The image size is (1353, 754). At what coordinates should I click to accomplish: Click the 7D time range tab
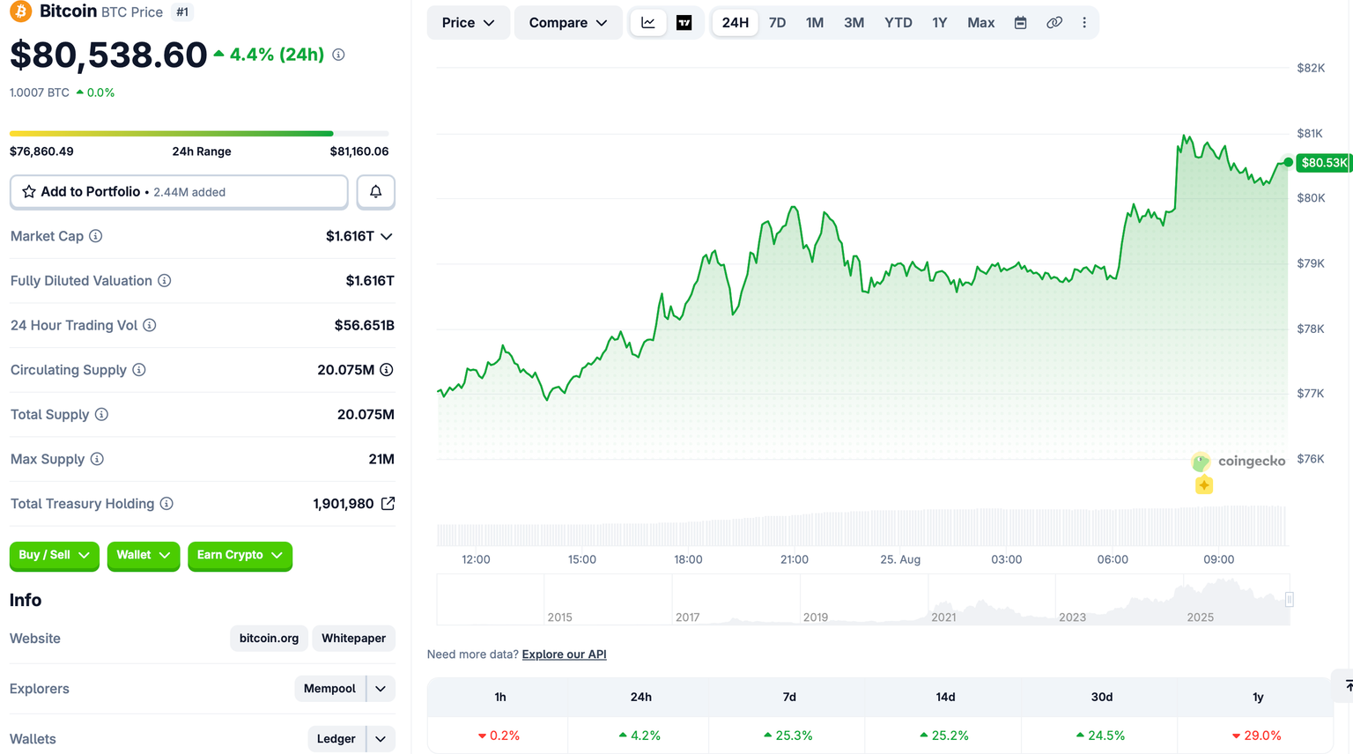[777, 23]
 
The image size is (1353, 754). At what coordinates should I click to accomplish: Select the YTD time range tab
[898, 23]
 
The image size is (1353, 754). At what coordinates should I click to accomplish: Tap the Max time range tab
[981, 23]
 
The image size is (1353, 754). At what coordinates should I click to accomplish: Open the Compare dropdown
[568, 23]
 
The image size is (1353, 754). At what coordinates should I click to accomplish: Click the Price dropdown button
[468, 23]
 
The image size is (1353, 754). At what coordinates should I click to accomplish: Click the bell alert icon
[376, 192]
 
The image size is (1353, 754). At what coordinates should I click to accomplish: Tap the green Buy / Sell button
[55, 555]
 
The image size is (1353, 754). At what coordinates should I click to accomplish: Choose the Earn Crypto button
[240, 555]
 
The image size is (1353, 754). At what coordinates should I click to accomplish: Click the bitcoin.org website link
[269, 638]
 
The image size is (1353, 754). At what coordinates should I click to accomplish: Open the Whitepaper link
[353, 638]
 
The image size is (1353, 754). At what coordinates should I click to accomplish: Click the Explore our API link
[564, 654]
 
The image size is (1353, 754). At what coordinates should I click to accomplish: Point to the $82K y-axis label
[1311, 68]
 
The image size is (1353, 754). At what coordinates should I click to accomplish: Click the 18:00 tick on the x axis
[688, 559]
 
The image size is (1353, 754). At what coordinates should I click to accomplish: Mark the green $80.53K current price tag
[1323, 163]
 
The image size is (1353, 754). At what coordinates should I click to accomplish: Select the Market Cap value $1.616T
[350, 236]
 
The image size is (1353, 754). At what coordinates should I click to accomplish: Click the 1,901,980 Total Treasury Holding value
[343, 504]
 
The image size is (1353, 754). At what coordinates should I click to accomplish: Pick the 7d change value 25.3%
[789, 736]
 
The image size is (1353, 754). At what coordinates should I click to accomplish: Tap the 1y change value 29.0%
[1257, 736]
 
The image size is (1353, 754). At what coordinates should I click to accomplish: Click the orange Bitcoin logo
[20, 11]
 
